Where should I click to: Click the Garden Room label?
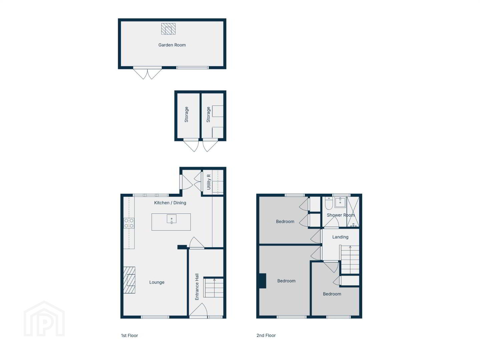pyautogui.click(x=172, y=45)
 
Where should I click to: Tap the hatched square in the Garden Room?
pyautogui.click(x=168, y=29)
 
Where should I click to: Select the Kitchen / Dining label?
pyautogui.click(x=170, y=203)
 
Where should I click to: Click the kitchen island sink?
pyautogui.click(x=171, y=219)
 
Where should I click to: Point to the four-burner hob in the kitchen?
pyautogui.click(x=129, y=223)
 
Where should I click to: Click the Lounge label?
pyautogui.click(x=157, y=282)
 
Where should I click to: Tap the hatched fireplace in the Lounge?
pyautogui.click(x=129, y=280)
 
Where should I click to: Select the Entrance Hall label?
pyautogui.click(x=197, y=287)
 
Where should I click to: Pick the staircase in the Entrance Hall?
pyautogui.click(x=213, y=287)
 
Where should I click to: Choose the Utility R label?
pyautogui.click(x=208, y=182)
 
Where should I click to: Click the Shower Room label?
pyautogui.click(x=341, y=215)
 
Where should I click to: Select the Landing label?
pyautogui.click(x=340, y=237)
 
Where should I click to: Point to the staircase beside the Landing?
pyautogui.click(x=350, y=260)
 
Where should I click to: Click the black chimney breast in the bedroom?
pyautogui.click(x=263, y=281)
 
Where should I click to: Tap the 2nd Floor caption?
pyautogui.click(x=266, y=335)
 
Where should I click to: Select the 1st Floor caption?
pyautogui.click(x=129, y=336)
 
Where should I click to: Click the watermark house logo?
pyautogui.click(x=44, y=319)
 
